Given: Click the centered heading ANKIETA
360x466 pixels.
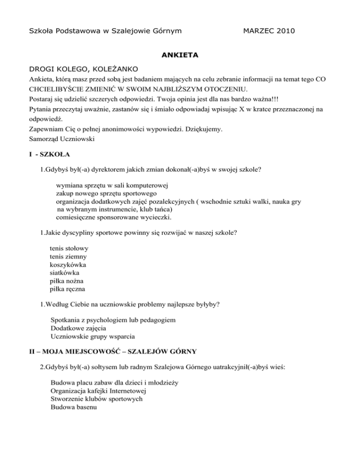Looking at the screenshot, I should pos(180,55).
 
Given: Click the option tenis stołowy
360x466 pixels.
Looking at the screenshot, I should pos(69,248).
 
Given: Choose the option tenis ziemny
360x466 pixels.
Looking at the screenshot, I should pos(68,256).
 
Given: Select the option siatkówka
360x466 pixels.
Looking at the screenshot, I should pos(65,272).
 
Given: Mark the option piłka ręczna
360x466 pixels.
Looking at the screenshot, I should pos(67,289).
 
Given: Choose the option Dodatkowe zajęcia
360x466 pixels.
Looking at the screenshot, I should pos(78,328).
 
